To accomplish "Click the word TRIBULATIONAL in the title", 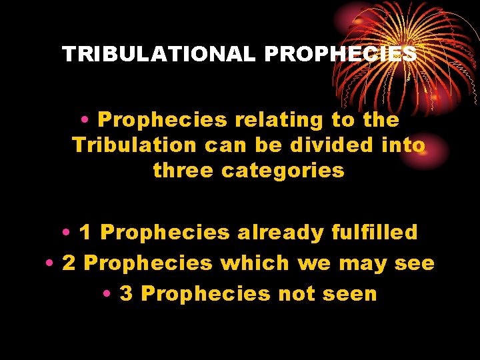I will pos(158,54).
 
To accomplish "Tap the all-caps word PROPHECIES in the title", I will pos(340,54).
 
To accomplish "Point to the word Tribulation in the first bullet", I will pos(134,145).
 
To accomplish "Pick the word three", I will pos(184,170).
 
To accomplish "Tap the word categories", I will pos(283,170).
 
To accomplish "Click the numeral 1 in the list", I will pos(85,233).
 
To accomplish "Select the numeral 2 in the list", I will pos(68,263).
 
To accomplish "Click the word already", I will pos(280,233).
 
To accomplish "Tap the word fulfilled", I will pos(375,233).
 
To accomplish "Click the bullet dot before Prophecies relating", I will pos(87,121).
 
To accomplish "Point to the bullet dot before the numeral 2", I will pos(51,264).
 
